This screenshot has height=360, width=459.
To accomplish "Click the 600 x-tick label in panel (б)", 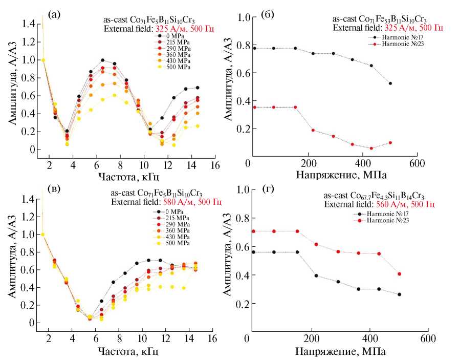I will click(x=417, y=164).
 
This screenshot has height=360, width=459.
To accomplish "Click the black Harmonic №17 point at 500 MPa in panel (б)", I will click(x=390, y=83).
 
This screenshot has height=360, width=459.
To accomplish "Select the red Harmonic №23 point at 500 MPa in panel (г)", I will click(x=399, y=273).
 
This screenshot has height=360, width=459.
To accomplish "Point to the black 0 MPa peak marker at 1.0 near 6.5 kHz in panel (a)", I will click(x=102, y=60).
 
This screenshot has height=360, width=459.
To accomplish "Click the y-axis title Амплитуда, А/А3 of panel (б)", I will click(x=232, y=87).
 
